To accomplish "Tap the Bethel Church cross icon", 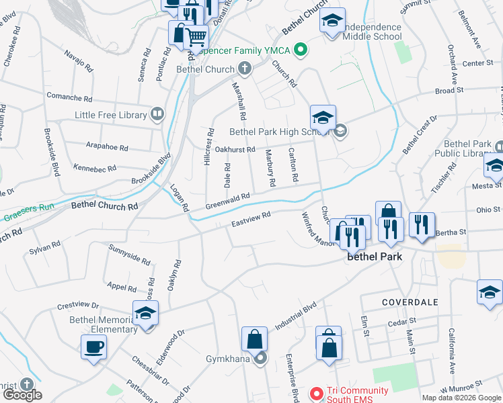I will [244, 69].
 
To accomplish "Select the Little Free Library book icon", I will [157, 114].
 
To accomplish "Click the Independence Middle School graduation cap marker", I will [332, 21].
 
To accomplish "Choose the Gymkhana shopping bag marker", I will [256, 340].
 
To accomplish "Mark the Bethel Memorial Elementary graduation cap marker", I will [145, 314].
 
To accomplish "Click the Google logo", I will [22, 395].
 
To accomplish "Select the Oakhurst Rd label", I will [235, 149].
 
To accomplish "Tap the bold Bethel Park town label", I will [374, 257].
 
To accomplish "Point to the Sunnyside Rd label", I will [129, 256].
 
